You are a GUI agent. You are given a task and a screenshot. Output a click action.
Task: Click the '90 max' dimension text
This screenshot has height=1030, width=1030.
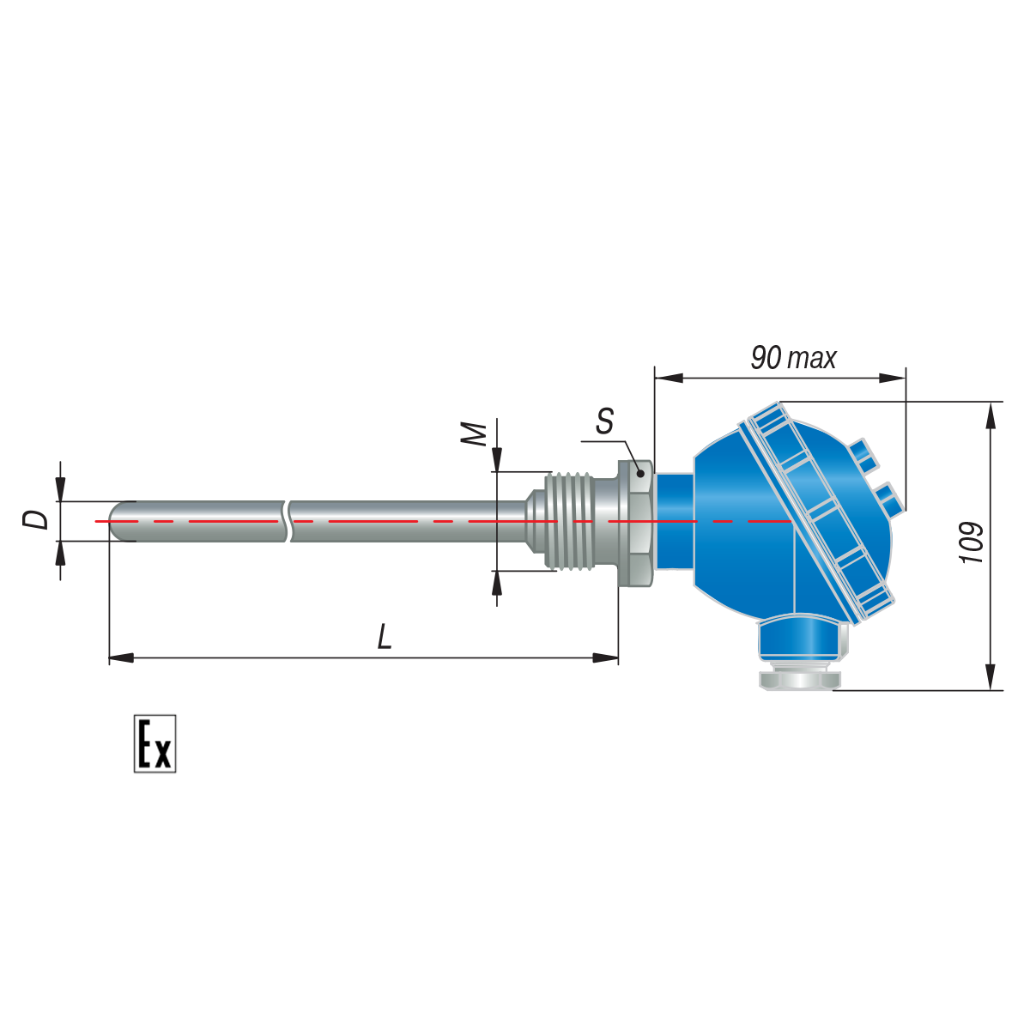click(793, 358)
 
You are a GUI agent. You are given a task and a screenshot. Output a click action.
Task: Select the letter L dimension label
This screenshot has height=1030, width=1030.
click(385, 637)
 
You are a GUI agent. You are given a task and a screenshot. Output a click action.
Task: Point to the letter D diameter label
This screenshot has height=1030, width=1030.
click(36, 519)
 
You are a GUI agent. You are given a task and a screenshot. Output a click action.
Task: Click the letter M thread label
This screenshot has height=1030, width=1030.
click(474, 434)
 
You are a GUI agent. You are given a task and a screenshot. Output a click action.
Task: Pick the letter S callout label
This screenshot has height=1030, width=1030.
click(604, 421)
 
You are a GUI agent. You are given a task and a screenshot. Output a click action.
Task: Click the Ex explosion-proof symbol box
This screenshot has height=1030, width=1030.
click(154, 743)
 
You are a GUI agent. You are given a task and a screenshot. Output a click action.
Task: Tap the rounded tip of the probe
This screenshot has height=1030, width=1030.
click(117, 521)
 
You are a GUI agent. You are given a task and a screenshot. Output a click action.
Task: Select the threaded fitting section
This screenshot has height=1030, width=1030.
click(569, 521)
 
